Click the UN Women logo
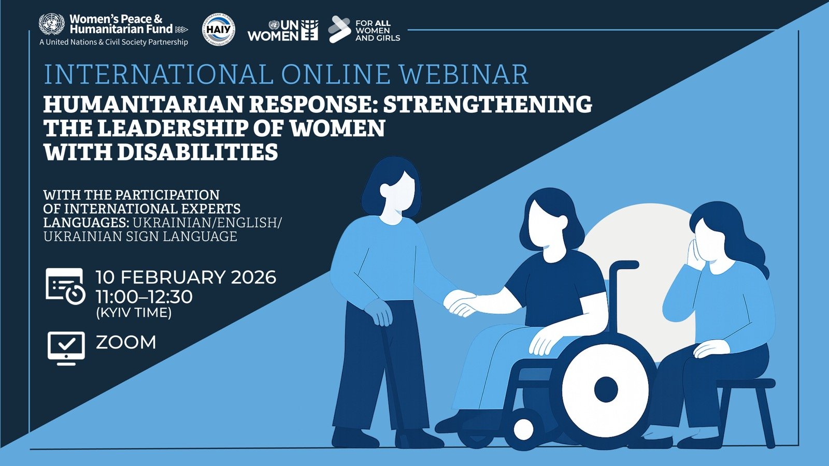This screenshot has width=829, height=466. [283, 31]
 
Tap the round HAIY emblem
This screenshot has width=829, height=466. [218, 29]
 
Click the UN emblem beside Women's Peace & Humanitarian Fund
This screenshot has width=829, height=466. [51, 24]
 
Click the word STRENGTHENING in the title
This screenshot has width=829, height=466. [488, 104]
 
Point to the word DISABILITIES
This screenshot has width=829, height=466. [197, 152]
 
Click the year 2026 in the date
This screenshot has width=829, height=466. [253, 278]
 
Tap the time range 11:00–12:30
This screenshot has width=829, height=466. [144, 297]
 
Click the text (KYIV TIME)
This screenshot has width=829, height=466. [134, 313]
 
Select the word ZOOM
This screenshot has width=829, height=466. [126, 342]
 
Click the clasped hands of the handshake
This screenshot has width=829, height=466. [460, 303]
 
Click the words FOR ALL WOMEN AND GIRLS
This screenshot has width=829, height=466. [378, 31]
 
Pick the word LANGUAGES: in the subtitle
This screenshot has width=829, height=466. [87, 223]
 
